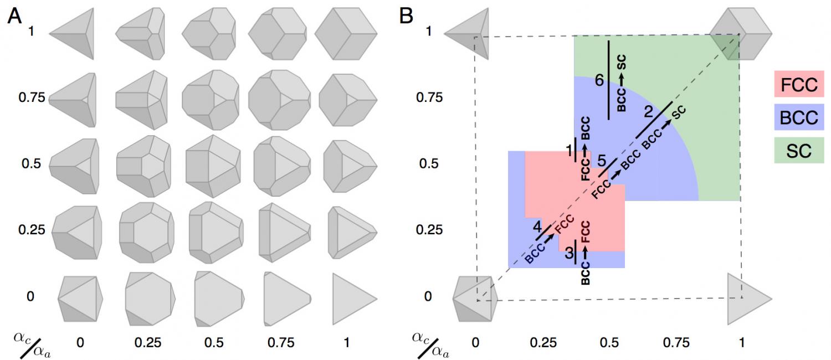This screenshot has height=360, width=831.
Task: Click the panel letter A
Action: coord(15,18)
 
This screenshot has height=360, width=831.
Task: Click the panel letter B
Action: coord(406,17)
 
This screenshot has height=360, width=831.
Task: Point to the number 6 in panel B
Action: coord(599,81)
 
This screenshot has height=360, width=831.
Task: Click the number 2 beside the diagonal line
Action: coord(649,111)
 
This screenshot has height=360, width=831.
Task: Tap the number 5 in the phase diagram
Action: coord(601,159)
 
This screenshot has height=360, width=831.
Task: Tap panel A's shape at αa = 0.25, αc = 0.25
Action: coord(147,232)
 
